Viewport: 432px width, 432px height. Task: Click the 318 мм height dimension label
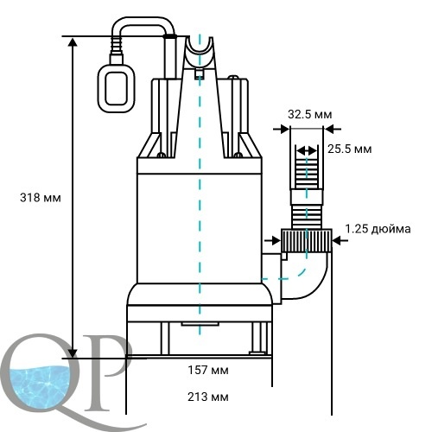pos(41,198)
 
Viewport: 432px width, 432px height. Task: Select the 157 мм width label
pos(208,370)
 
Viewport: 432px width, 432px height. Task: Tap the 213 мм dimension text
pos(208,397)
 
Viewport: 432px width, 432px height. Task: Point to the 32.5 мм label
pos(310,114)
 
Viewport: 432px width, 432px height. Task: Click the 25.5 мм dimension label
pos(350,149)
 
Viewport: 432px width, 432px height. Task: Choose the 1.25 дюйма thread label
pos(378,229)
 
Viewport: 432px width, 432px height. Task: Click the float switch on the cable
pos(117,88)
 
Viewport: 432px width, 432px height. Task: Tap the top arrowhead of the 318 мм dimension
pos(73,41)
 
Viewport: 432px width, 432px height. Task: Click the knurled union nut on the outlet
pos(306,241)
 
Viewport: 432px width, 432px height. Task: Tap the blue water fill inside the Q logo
pos(41,387)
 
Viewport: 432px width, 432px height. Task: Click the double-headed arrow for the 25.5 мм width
pos(307,150)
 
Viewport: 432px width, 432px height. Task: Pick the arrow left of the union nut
pos(272,240)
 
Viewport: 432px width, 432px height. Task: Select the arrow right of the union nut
pos(340,240)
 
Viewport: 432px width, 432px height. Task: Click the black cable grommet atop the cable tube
pos(170,36)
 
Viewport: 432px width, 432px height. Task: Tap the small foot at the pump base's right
pos(257,353)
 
